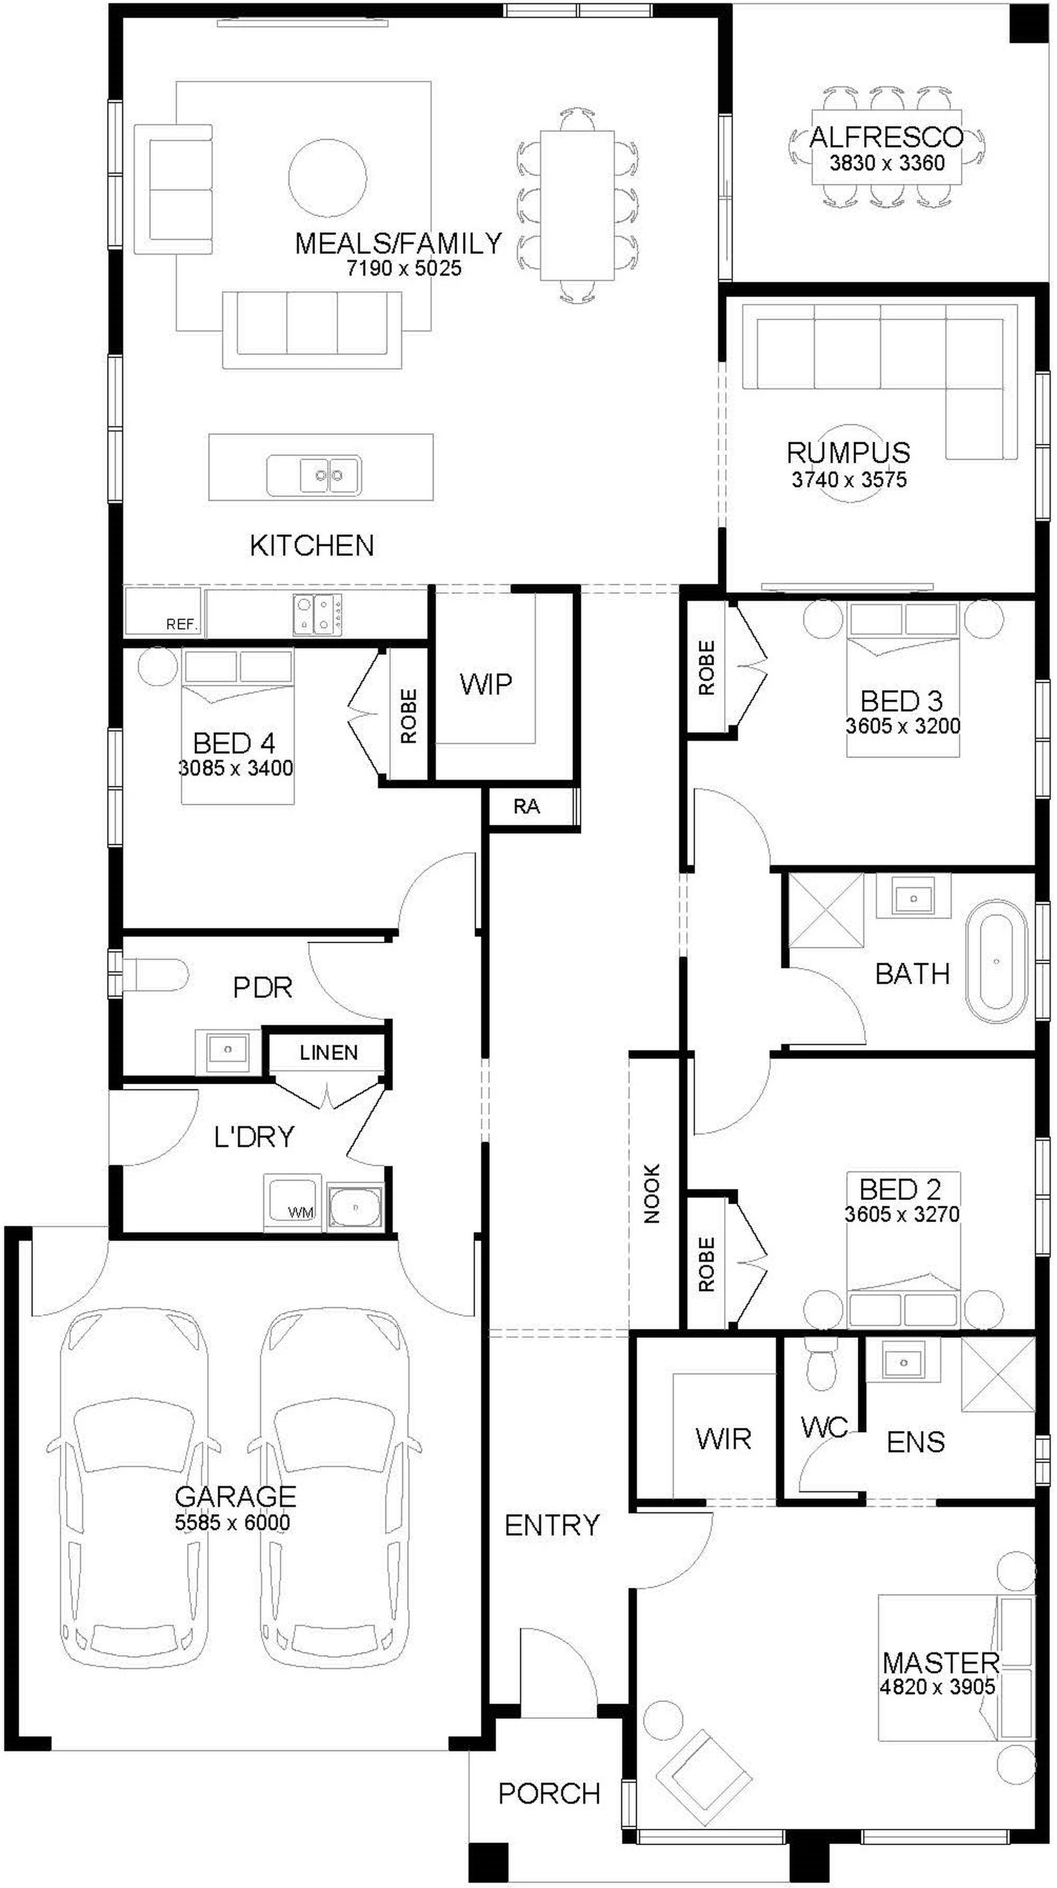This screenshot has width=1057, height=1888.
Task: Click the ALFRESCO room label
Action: pos(886,136)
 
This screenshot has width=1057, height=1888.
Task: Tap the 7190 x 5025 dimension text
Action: pos(404,268)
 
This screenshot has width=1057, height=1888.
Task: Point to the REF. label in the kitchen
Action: pos(182,625)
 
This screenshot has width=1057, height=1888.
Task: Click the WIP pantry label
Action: pos(485,684)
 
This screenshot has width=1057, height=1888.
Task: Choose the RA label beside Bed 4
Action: pos(526,807)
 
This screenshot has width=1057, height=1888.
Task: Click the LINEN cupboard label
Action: pos(328,1053)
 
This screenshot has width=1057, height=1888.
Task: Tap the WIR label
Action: pos(723,1439)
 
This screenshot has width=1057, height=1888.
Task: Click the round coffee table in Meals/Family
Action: pos(327,178)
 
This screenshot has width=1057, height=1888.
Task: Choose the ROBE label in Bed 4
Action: pos(409,716)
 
